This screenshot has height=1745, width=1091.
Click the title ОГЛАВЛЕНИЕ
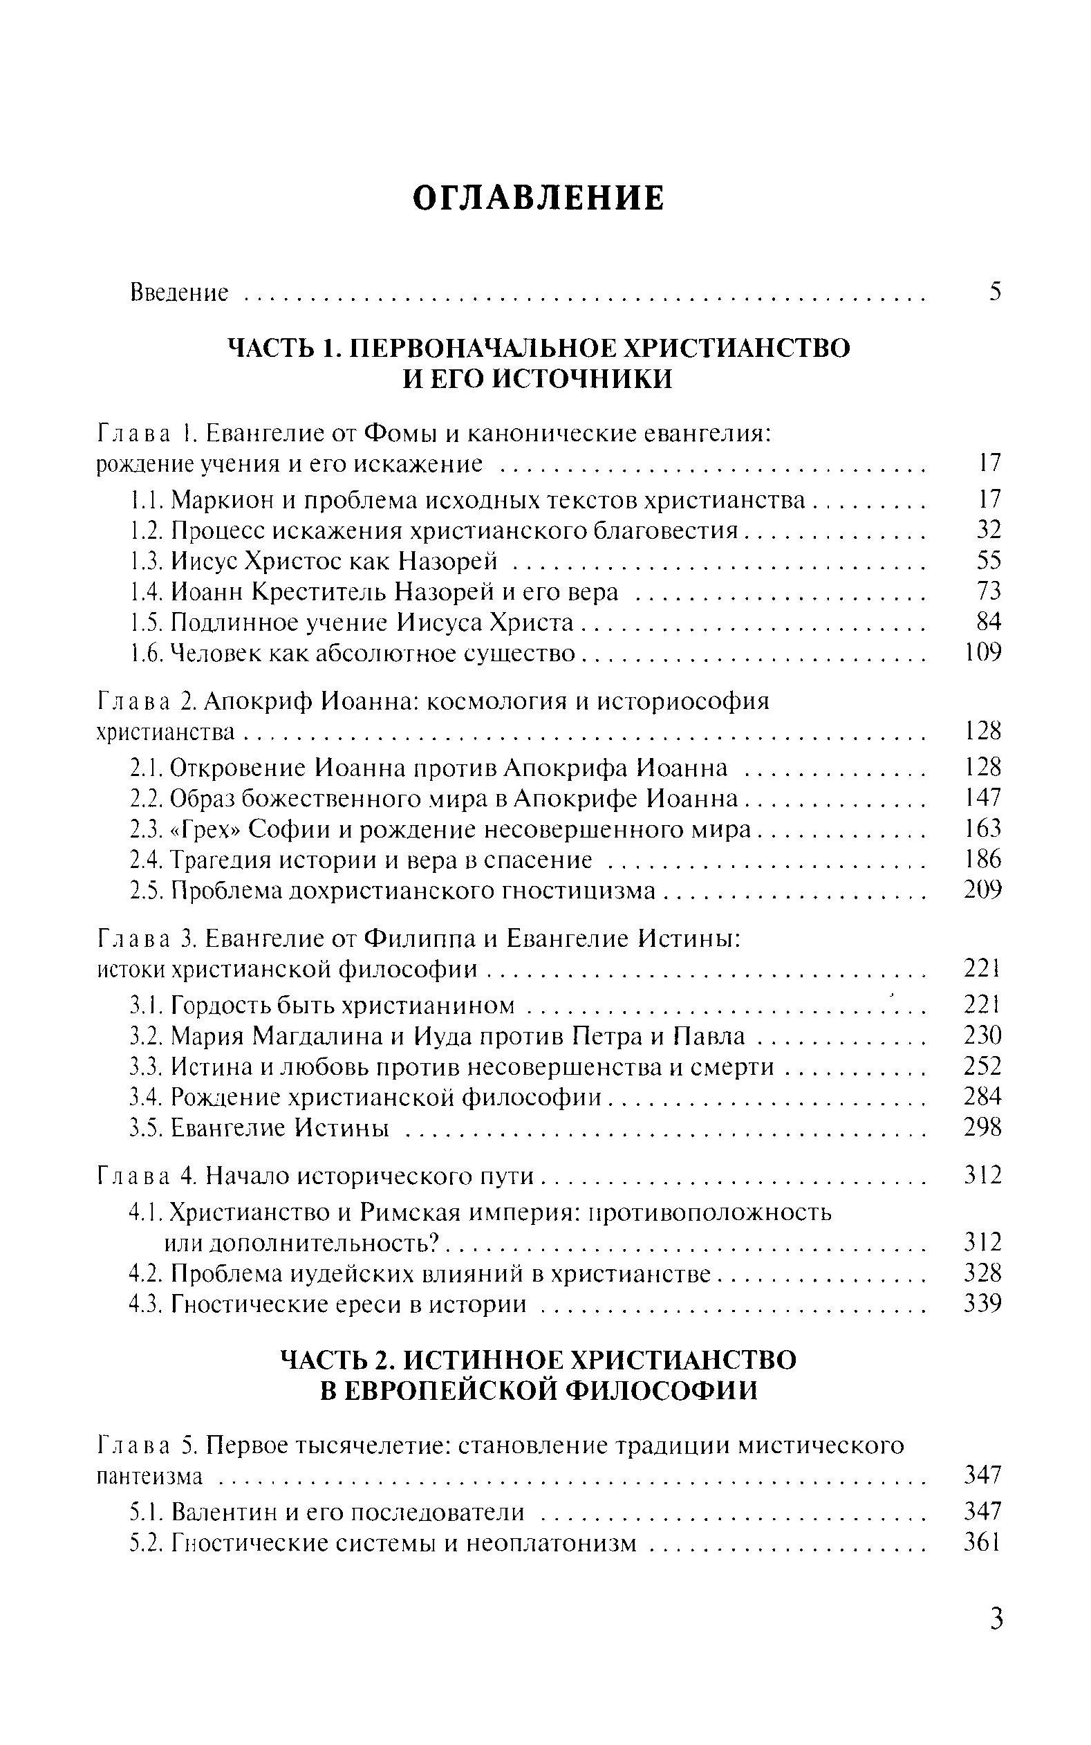[x=538, y=198]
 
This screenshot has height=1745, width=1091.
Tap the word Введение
[x=179, y=293]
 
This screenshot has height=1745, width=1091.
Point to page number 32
[x=989, y=530]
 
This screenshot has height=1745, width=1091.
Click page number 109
[x=982, y=653]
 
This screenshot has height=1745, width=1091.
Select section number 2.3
[x=147, y=829]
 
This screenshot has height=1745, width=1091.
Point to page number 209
[x=982, y=891]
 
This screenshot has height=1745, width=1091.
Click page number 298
[x=982, y=1127]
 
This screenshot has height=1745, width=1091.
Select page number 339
[x=982, y=1304]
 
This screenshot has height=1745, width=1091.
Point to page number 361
[x=982, y=1542]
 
